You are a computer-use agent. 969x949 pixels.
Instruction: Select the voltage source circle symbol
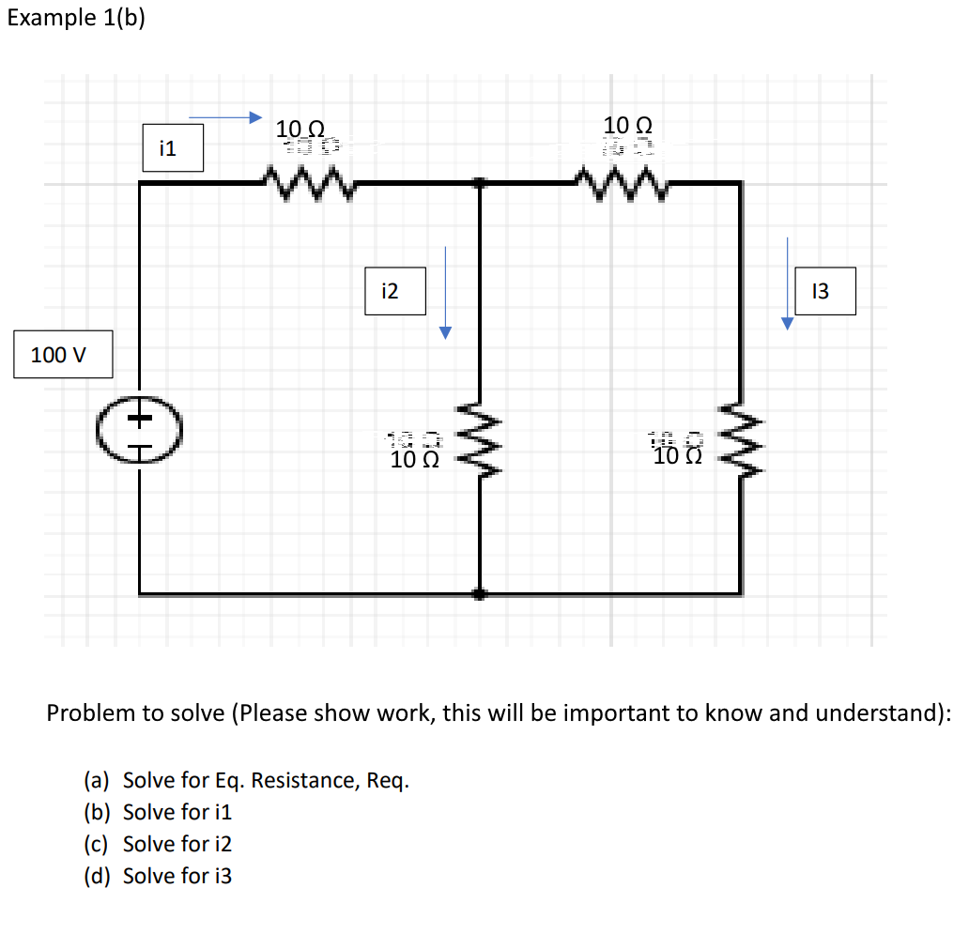[x=140, y=433]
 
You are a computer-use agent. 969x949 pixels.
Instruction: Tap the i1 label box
[x=173, y=148]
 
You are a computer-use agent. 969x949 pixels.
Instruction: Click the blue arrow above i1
[x=224, y=117]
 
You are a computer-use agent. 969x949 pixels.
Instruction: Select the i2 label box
[x=394, y=291]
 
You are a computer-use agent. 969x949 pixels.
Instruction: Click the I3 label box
[x=824, y=291]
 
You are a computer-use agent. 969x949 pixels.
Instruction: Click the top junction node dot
[x=480, y=184]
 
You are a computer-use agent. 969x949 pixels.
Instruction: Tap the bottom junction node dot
[x=479, y=593]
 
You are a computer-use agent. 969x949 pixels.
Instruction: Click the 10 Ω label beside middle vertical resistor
[x=416, y=459]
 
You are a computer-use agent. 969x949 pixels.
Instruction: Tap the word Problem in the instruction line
[x=90, y=713]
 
